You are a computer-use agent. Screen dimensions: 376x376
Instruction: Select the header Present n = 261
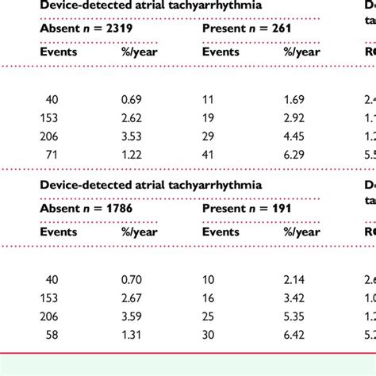(x=247, y=29)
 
